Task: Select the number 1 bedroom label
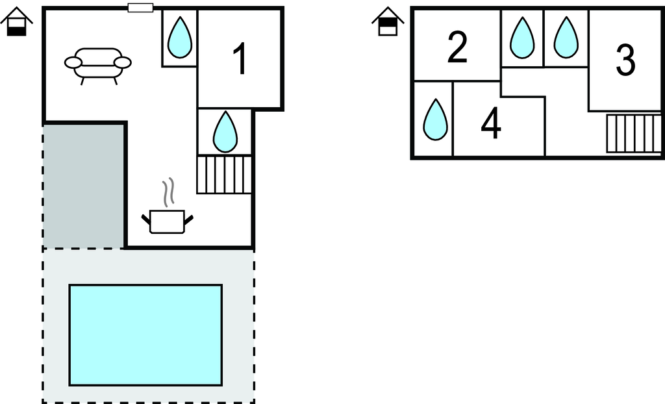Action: (x=240, y=59)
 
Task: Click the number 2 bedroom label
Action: (x=457, y=47)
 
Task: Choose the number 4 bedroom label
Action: (x=491, y=123)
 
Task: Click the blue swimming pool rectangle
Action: (x=145, y=335)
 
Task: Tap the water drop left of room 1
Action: (x=179, y=38)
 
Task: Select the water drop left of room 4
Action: (x=434, y=120)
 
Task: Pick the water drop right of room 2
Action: (x=522, y=38)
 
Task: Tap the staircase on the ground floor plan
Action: (x=224, y=174)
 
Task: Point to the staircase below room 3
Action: (x=633, y=133)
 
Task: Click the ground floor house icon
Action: (x=16, y=23)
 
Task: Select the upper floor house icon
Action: (x=387, y=23)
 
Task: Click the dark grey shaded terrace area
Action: (x=84, y=185)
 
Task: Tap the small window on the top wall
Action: (x=140, y=8)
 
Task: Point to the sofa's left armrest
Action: (x=73, y=62)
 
